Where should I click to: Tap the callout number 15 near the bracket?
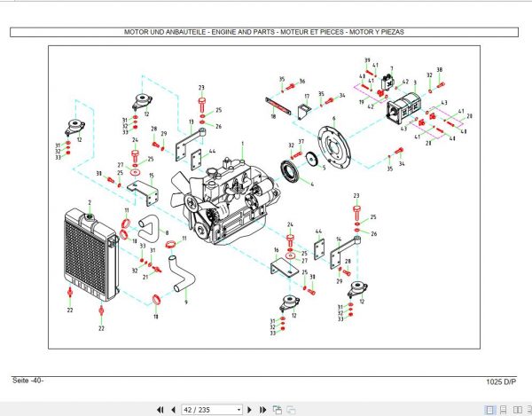[x=152, y=176]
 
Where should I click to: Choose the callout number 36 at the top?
[x=301, y=81]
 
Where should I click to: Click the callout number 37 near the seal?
[x=301, y=142]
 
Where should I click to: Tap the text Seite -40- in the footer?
[x=27, y=381]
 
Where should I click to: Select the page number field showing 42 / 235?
[x=211, y=409]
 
